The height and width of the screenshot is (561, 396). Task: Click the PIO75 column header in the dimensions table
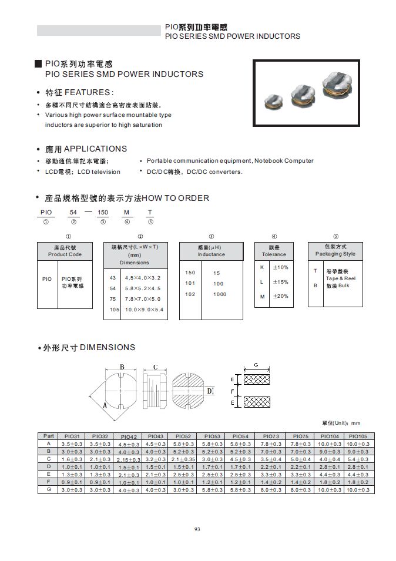300,436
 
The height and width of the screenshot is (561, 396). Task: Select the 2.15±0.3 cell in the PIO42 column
129,459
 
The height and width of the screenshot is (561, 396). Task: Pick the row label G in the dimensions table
48,489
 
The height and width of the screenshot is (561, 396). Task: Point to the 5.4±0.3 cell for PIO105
358,459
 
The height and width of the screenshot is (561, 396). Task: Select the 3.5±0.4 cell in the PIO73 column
271,459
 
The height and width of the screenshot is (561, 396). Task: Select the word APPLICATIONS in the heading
95,149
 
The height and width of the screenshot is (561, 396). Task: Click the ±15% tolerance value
280,282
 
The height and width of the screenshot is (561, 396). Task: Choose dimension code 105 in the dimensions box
114,309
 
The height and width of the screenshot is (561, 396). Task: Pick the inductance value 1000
219,294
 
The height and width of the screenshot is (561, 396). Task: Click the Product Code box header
65,251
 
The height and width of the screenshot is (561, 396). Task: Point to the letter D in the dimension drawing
209,391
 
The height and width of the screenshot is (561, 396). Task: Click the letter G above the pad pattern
256,365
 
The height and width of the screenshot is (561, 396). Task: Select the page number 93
197,529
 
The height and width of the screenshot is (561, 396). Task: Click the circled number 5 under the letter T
150,222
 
